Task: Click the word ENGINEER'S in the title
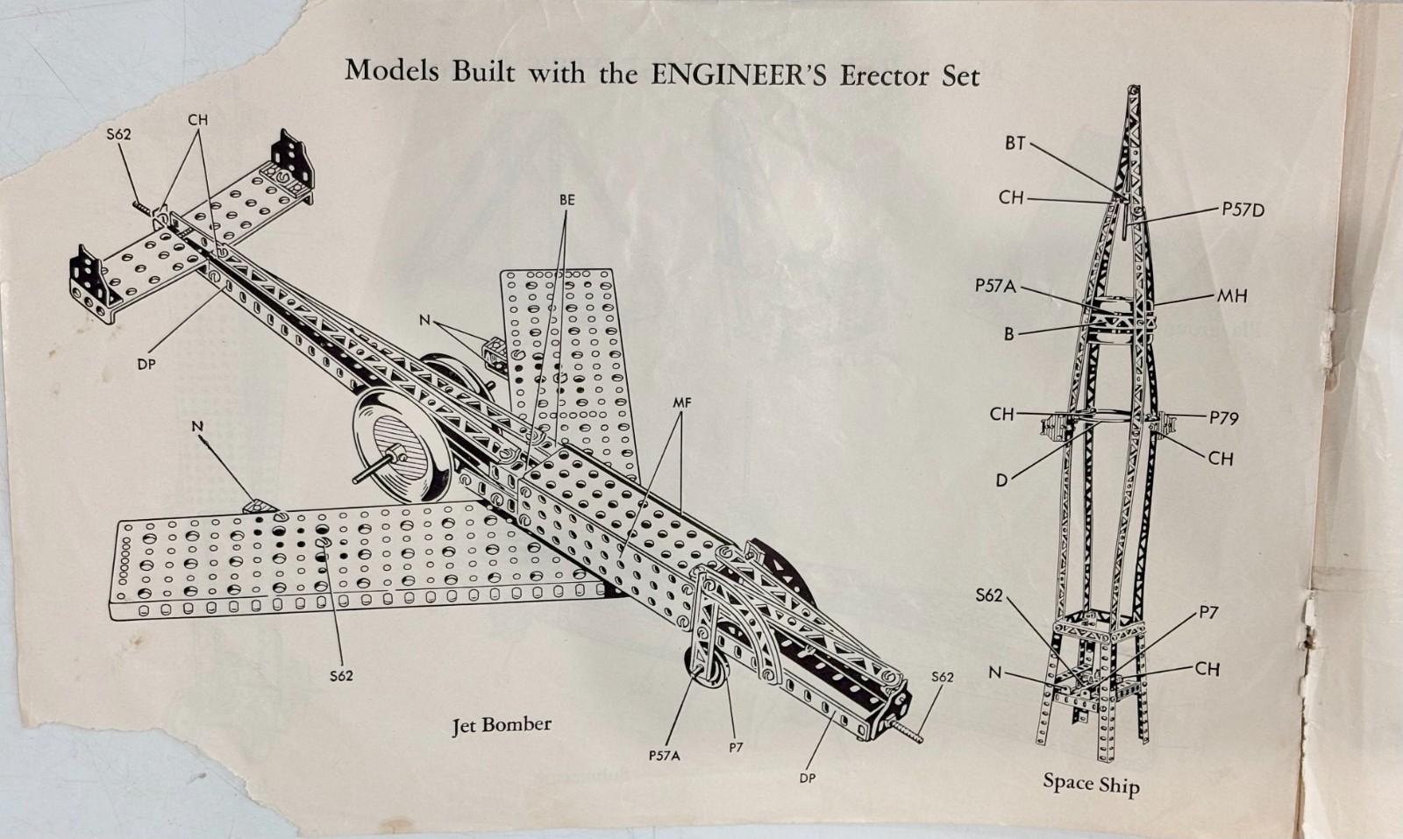click(x=738, y=75)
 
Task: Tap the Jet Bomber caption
click(x=502, y=725)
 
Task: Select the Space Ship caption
click(x=1091, y=784)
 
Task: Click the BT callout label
click(x=1015, y=144)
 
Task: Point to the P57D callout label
click(x=1243, y=210)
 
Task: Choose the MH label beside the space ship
click(x=1232, y=295)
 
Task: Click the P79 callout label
click(x=1224, y=417)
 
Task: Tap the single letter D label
click(x=1002, y=480)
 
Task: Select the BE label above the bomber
click(x=566, y=201)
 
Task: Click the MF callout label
click(x=682, y=403)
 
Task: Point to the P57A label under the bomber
click(x=665, y=756)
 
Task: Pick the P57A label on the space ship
click(x=995, y=286)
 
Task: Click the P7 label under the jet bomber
click(x=736, y=747)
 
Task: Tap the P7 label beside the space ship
click(x=1208, y=613)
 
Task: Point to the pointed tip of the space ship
click(x=1136, y=88)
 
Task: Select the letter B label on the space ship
click(x=1009, y=334)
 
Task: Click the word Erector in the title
click(x=886, y=76)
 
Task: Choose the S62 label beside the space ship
click(x=990, y=595)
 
